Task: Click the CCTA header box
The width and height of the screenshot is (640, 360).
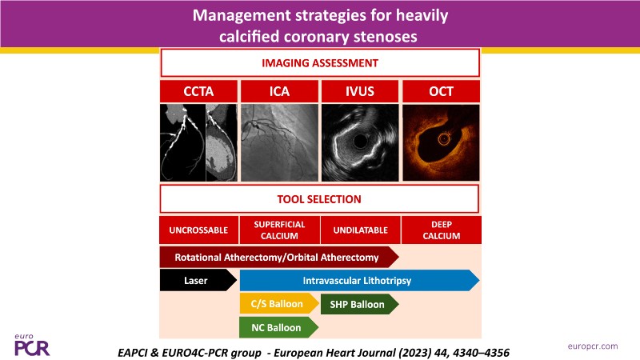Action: pos(198,91)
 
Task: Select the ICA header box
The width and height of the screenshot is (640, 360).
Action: pos(279,91)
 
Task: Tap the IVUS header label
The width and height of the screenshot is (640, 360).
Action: pos(360,91)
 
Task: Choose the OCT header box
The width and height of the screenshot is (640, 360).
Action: pos(441,91)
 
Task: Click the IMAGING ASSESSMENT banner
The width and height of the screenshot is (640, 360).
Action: pos(320,63)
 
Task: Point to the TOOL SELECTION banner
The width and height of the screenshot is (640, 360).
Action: pos(319,198)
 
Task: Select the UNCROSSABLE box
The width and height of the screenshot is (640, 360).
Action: pos(198,230)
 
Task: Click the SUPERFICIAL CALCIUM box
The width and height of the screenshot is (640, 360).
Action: pos(279,230)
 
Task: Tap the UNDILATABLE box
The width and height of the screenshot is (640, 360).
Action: pos(361,230)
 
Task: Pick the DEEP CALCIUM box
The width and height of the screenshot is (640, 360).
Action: pos(442,230)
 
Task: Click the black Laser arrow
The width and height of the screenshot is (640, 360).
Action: pos(198,281)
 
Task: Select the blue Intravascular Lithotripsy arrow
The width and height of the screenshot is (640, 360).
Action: pos(359,281)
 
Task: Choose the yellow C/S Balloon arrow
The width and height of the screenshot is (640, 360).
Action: pos(279,304)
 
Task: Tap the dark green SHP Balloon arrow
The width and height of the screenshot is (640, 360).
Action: pos(359,304)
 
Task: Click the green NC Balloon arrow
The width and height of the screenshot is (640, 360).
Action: pos(278,327)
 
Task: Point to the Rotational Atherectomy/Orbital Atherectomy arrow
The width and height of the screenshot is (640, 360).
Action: pos(279,257)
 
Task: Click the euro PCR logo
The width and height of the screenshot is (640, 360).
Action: pos(32,346)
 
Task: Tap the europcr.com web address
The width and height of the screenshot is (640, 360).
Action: pos(593,346)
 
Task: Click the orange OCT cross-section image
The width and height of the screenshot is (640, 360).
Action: pos(441,142)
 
